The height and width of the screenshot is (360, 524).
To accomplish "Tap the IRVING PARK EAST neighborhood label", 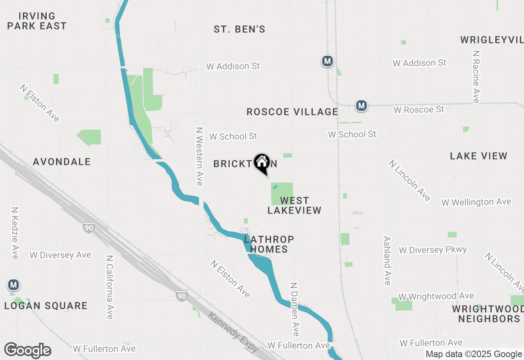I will [x=37, y=21].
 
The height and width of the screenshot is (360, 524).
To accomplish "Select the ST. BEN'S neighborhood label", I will [x=239, y=29].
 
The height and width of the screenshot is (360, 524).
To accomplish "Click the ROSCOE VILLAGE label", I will [x=292, y=112].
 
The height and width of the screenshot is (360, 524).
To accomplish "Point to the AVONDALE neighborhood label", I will [x=62, y=162].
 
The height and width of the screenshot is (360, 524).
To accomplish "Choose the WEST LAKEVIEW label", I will [x=294, y=205].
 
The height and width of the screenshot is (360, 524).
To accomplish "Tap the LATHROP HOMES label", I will [x=269, y=244].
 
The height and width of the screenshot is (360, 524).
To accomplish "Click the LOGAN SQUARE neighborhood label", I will [x=46, y=306].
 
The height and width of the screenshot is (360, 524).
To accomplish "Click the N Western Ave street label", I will [x=199, y=156].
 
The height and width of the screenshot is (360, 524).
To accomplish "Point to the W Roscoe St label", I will [x=419, y=110].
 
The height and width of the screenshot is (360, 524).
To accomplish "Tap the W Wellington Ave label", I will [x=476, y=202].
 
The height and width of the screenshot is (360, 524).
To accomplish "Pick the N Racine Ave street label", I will [x=476, y=77].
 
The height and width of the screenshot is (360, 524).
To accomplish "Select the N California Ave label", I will [x=109, y=287].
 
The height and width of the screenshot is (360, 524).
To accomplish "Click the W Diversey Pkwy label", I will [x=433, y=250].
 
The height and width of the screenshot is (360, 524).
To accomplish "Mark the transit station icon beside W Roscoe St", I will [x=361, y=106].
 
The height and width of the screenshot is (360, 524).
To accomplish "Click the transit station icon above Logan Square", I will [x=14, y=285].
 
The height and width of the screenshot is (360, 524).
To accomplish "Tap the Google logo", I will [x=28, y=351].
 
